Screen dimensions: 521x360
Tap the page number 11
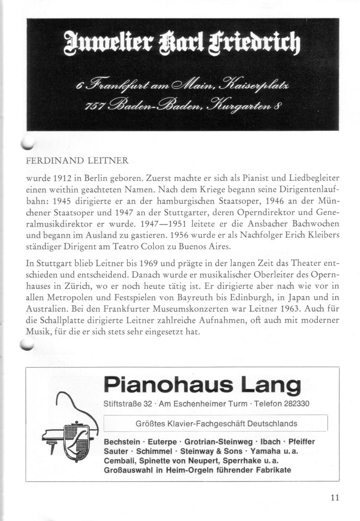pos(335,497)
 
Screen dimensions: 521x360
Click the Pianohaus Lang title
pos(202,385)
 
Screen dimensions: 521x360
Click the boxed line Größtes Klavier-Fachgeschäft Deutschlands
pos(217,423)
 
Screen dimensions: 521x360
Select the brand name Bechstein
pos(122,442)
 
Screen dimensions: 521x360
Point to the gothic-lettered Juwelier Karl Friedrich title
pos(182,42)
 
